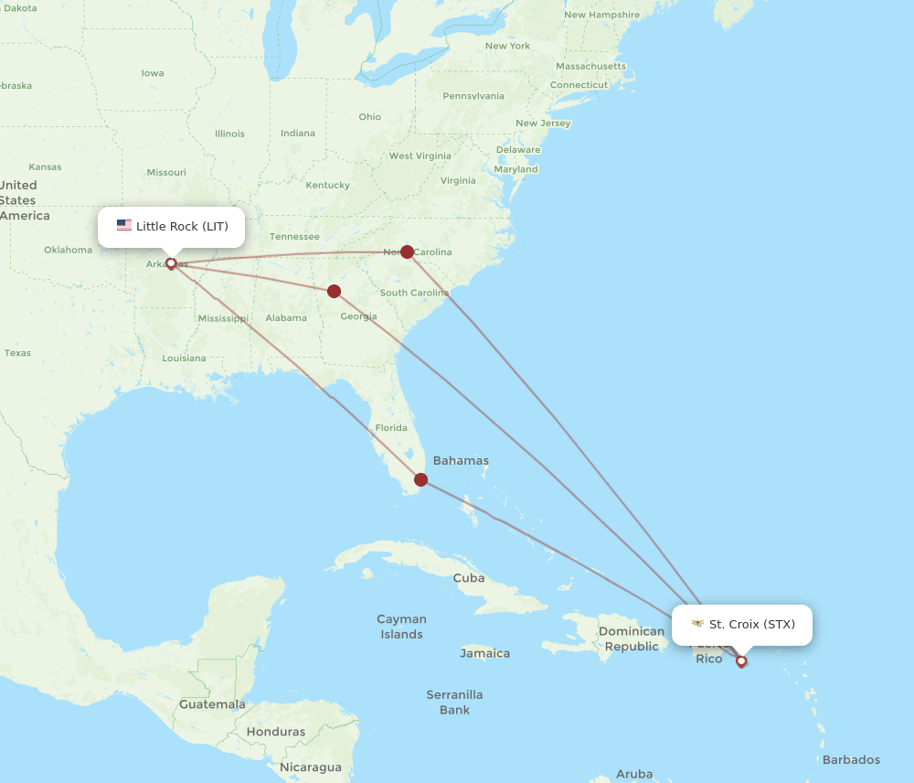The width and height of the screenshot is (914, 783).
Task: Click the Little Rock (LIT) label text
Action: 182,226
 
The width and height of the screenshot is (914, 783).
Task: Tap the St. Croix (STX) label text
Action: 751,625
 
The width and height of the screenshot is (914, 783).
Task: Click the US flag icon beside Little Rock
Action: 124,226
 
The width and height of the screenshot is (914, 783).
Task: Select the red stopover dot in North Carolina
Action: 407,252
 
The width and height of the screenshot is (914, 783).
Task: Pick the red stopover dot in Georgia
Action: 335,292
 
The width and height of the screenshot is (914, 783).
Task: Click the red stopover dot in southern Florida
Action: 421,479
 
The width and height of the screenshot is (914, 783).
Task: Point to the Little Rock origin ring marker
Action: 171,263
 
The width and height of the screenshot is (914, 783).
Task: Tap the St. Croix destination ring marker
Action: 741,660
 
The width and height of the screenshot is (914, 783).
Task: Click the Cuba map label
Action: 469,578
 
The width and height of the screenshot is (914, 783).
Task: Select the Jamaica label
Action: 484,653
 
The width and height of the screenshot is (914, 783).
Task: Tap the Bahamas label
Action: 461,461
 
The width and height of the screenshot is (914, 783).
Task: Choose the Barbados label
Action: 851,759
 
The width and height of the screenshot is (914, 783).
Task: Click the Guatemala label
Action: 212,704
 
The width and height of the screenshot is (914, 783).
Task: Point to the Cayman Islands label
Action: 402,627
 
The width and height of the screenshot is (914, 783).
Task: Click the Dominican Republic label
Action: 632,638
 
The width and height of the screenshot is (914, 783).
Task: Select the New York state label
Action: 507,46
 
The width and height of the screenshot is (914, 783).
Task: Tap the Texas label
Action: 17,353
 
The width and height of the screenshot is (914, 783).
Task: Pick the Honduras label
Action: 276,732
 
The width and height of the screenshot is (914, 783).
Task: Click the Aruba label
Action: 634,774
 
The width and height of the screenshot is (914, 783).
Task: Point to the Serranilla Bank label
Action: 454,702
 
